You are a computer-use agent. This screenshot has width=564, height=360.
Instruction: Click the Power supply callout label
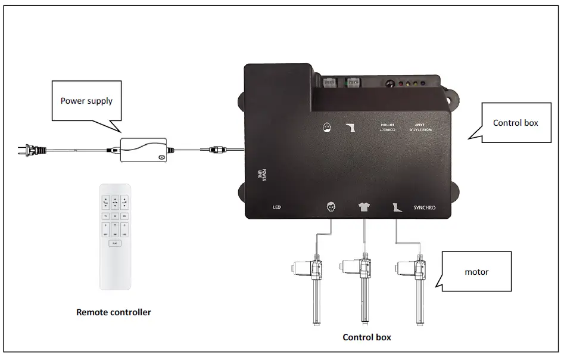coord(86,101)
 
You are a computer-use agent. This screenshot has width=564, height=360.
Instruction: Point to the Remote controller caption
coord(113,312)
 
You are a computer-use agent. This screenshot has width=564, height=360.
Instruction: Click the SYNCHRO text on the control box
coord(423,208)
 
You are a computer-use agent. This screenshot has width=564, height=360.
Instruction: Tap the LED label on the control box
coord(276,208)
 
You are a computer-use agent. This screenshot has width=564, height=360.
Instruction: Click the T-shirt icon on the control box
coord(363,207)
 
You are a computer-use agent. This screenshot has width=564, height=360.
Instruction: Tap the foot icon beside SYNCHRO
coord(397,207)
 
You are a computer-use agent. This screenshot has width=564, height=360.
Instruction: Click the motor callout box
coord(476,271)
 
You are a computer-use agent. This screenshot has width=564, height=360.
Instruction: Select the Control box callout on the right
coord(515,123)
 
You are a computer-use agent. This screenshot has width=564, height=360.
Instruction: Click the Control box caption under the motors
coord(367,337)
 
